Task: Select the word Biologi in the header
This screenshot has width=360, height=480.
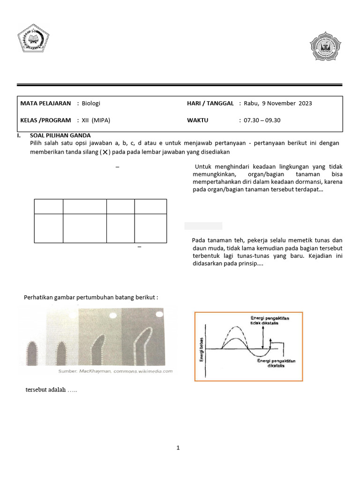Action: pos(91,103)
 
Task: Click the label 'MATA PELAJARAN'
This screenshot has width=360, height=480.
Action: pos(45,103)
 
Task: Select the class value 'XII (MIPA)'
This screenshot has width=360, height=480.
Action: pos(98,120)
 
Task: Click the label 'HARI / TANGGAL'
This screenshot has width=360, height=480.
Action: pos(210,103)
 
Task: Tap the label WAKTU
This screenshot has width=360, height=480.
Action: pos(197,120)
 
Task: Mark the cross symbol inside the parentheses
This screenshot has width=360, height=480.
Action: pos(105,153)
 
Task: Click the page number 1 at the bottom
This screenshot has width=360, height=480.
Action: pos(178,448)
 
